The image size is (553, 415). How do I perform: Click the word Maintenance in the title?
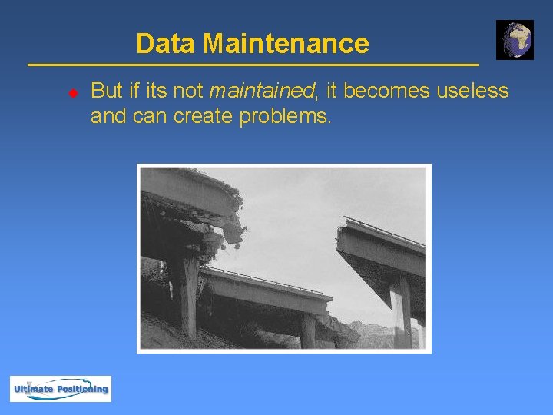[285, 44]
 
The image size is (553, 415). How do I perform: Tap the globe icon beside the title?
[514, 40]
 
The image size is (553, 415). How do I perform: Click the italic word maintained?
[262, 91]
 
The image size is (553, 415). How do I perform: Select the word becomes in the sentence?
[387, 91]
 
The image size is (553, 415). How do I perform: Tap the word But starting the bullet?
[105, 91]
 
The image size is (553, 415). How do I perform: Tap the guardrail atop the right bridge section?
[384, 230]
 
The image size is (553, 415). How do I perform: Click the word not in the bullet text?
[189, 91]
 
